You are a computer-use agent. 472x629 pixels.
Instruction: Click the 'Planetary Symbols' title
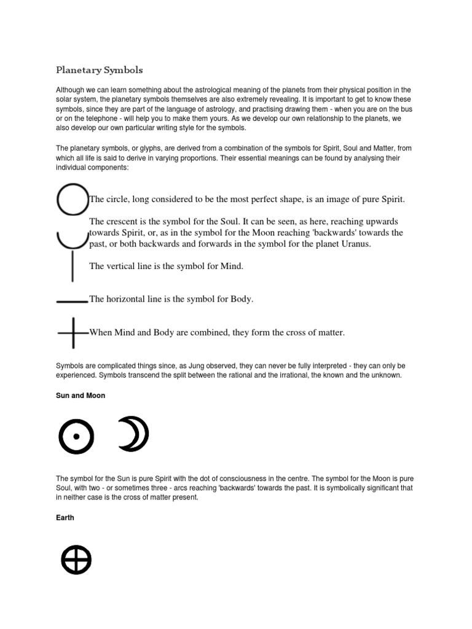click(100, 69)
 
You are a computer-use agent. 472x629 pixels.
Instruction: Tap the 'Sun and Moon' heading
click(81, 396)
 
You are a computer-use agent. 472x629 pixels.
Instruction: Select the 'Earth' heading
click(65, 518)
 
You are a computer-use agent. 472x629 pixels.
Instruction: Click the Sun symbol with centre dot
click(76, 436)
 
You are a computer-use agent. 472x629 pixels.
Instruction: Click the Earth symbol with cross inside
click(76, 560)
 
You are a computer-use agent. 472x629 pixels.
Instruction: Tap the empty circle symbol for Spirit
click(73, 200)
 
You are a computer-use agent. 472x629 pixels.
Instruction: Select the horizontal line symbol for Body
click(72, 301)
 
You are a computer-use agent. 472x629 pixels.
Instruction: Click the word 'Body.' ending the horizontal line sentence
click(241, 299)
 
